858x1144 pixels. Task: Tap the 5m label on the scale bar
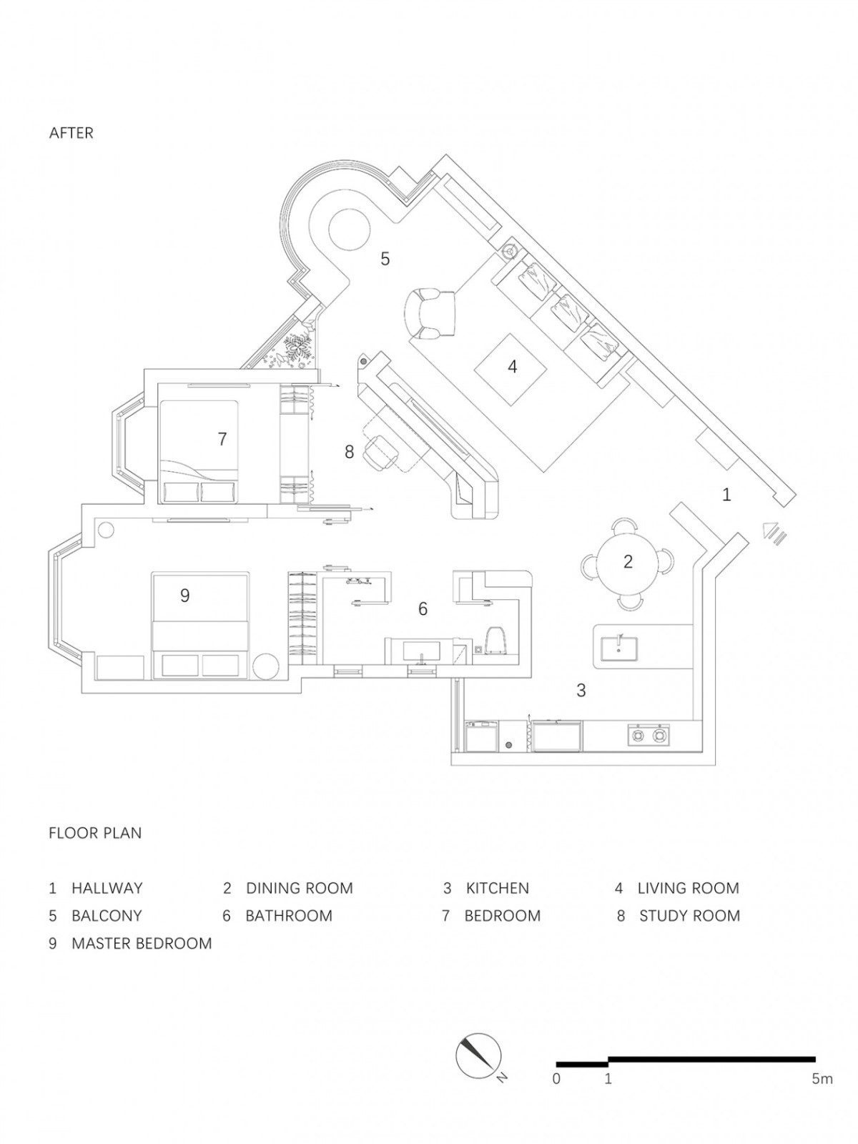[822, 1075]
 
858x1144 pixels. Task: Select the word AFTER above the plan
[71, 134]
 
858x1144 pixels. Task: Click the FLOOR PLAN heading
[95, 833]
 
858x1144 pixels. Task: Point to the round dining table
[627, 561]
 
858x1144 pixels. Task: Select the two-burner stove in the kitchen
[647, 735]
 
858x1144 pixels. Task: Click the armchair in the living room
[429, 315]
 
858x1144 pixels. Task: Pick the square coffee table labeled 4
[511, 368]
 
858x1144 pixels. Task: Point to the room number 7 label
[222, 439]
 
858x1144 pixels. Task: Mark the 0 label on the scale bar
[556, 1075]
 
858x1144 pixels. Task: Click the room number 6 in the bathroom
[423, 608]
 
